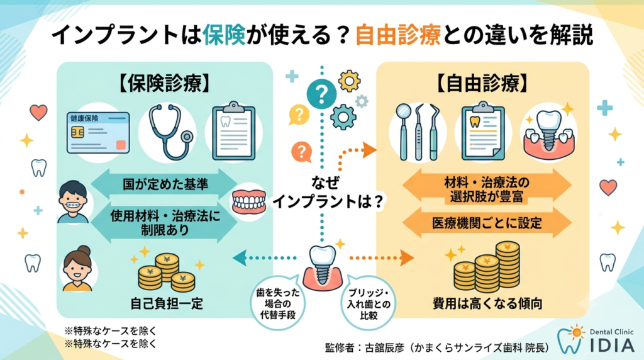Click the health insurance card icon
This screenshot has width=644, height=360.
(98, 133)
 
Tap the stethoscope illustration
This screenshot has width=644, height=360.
(169, 132)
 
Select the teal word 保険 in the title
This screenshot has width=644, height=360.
(224, 35)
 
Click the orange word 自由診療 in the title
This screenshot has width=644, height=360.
(398, 35)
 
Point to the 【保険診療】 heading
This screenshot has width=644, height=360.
(165, 84)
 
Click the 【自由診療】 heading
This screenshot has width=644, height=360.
(482, 84)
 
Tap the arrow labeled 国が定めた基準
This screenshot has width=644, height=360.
(164, 184)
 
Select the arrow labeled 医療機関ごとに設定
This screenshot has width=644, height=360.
(487, 223)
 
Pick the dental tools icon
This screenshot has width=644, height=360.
(418, 132)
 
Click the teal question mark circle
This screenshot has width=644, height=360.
(321, 94)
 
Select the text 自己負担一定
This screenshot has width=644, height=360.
(167, 304)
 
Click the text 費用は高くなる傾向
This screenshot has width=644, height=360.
(487, 304)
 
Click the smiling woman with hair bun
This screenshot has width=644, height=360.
(77, 268)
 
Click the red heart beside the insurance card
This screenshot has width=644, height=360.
(38, 112)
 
